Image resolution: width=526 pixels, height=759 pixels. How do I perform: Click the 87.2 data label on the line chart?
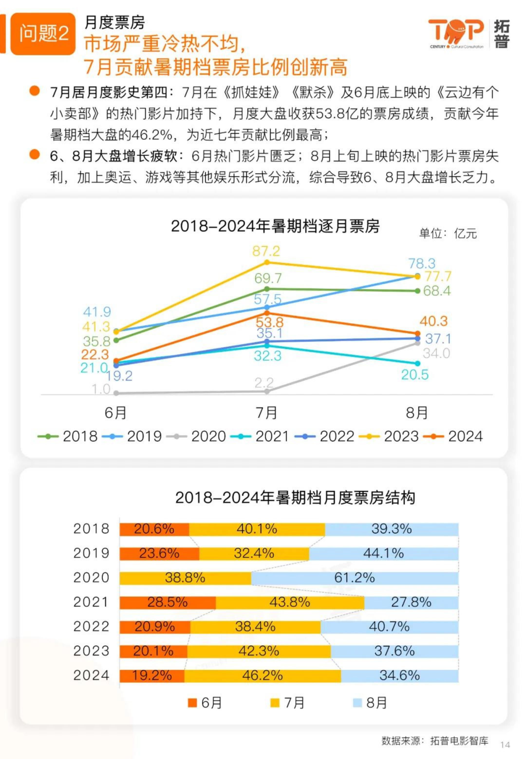pos(266,251)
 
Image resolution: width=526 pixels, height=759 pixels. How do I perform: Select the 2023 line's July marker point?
pos(267,262)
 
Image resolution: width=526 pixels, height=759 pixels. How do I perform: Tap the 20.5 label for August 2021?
pos(415,375)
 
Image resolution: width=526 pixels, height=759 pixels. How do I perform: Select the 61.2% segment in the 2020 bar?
pos(355,577)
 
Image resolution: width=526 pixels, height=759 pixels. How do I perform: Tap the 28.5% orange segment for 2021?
pos(168,602)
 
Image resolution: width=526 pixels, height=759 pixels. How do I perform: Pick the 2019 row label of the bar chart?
pos(91,553)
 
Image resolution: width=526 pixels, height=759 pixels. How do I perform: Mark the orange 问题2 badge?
pos(43,34)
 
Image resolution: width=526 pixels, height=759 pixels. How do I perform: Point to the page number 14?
pos(505,744)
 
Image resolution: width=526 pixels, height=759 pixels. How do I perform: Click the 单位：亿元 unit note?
pos(448,233)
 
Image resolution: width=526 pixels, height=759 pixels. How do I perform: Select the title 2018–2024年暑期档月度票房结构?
pos(295,497)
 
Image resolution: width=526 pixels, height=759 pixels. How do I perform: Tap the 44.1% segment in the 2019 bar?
pos(384,553)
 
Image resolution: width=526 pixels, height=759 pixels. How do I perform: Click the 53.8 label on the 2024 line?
pos(269,322)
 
